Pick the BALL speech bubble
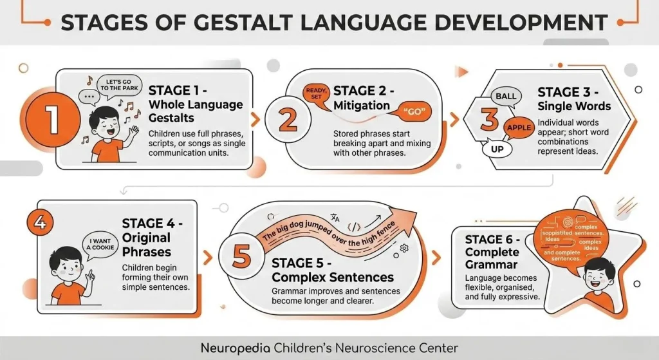[x=506, y=97]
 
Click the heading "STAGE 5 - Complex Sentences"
[x=332, y=270]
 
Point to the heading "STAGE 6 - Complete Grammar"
[x=493, y=251]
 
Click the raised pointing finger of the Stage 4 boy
[x=91, y=269]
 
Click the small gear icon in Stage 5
[x=404, y=248]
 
